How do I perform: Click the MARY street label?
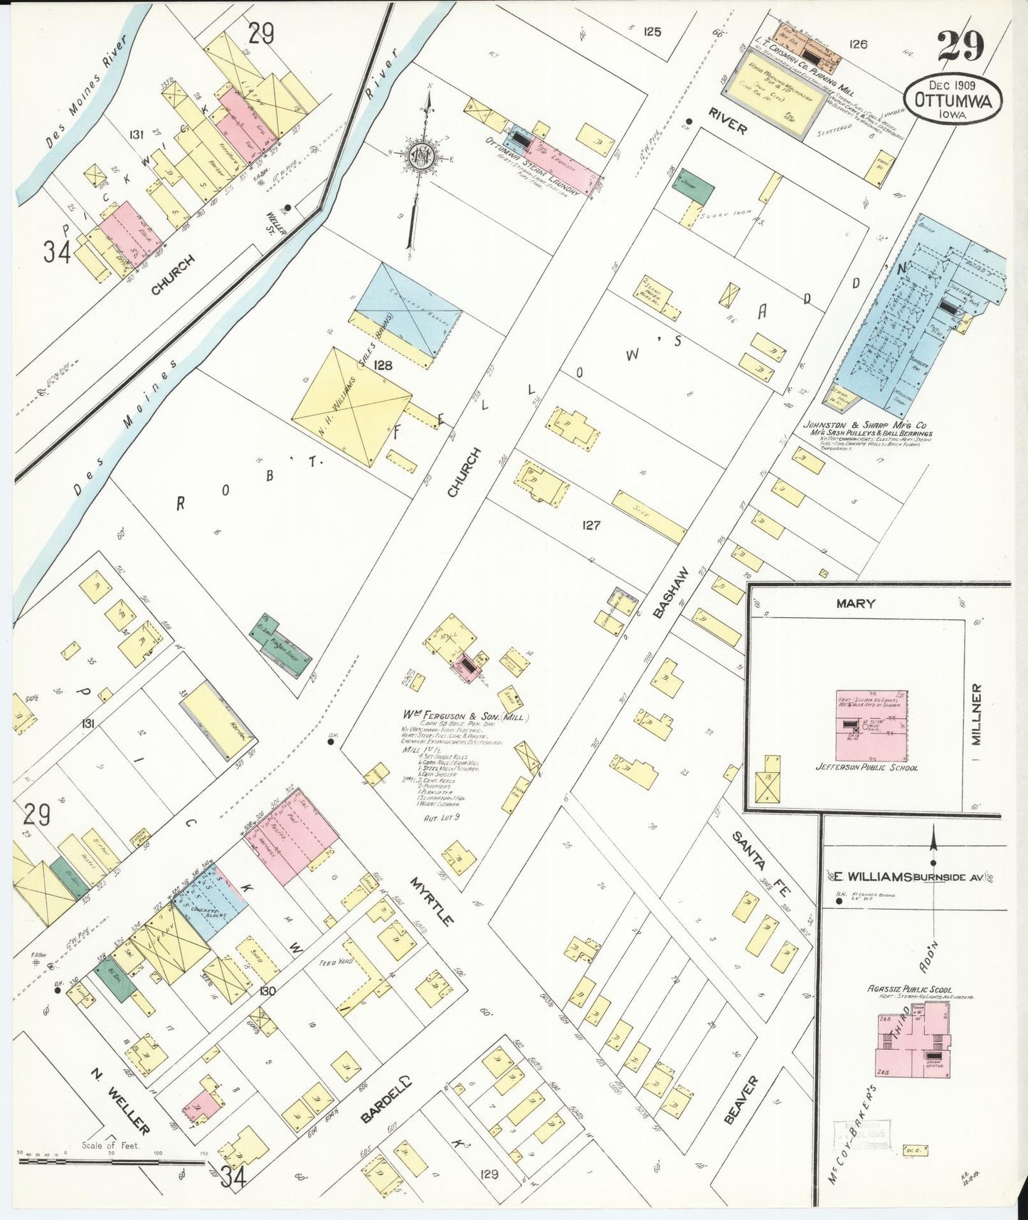[x=856, y=603]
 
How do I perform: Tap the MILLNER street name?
[x=976, y=714]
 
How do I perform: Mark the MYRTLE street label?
[x=432, y=901]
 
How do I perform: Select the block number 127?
[x=591, y=525]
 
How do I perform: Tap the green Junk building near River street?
[x=694, y=186]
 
